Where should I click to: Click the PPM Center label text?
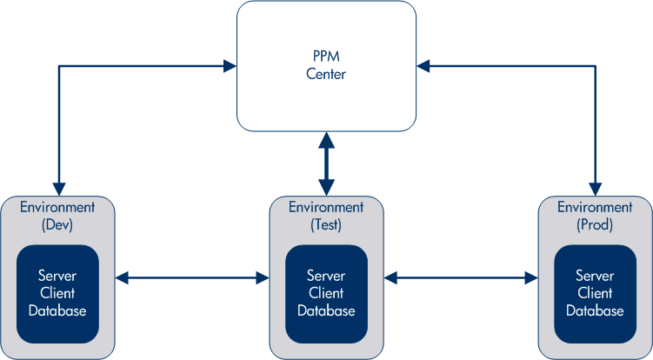point(326,66)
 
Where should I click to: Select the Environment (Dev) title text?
point(57,216)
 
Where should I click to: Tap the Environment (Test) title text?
point(326,216)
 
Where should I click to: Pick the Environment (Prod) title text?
point(595,216)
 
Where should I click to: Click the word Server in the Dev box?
point(57,277)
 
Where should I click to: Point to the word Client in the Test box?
point(326,293)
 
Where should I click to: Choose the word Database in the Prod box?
point(595,310)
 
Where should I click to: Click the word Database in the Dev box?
point(57,310)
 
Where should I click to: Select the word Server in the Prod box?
point(595,277)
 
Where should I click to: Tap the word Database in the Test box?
point(326,310)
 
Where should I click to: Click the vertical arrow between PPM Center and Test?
point(326,163)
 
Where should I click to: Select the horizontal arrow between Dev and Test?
point(192,278)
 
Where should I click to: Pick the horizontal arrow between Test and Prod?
point(461,278)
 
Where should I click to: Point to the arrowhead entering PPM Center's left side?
point(230,65)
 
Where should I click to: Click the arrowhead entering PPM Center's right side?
point(423,65)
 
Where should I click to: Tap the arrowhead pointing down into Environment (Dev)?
point(58,188)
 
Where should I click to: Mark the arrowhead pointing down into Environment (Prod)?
point(596,188)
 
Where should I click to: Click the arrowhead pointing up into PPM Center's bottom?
point(326,139)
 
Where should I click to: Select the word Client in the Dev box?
point(57,293)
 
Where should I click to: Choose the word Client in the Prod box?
point(595,293)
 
